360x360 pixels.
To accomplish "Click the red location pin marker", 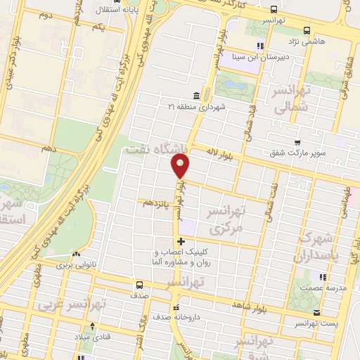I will click(x=181, y=167).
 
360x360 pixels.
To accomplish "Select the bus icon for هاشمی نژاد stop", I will click(x=307, y=30).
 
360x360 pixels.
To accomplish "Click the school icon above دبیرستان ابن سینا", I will click(x=259, y=47).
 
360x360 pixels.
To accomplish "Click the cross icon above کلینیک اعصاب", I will click(x=181, y=241).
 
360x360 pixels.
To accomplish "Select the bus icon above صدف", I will click(x=139, y=285).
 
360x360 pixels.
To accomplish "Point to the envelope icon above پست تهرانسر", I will click(x=318, y=313).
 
